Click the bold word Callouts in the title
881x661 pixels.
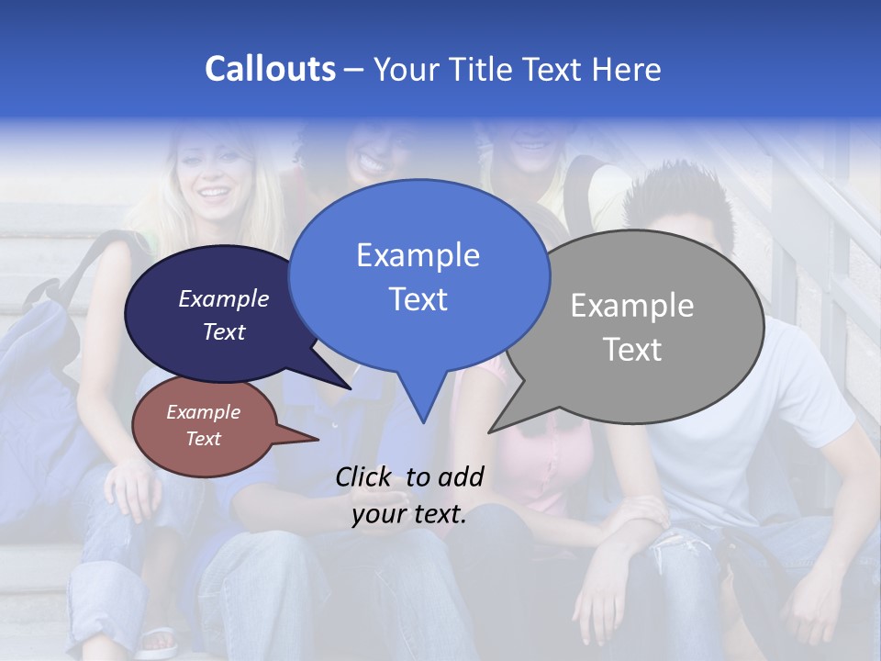point(270,70)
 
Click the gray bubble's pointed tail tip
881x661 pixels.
point(489,431)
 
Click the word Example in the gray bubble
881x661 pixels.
point(631,306)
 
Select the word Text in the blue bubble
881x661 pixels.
point(418,299)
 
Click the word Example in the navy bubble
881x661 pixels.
point(223,299)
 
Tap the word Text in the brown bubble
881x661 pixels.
point(203,439)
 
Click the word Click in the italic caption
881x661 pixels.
point(364,476)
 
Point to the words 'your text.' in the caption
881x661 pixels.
point(409,514)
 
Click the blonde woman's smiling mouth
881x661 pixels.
point(212,196)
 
